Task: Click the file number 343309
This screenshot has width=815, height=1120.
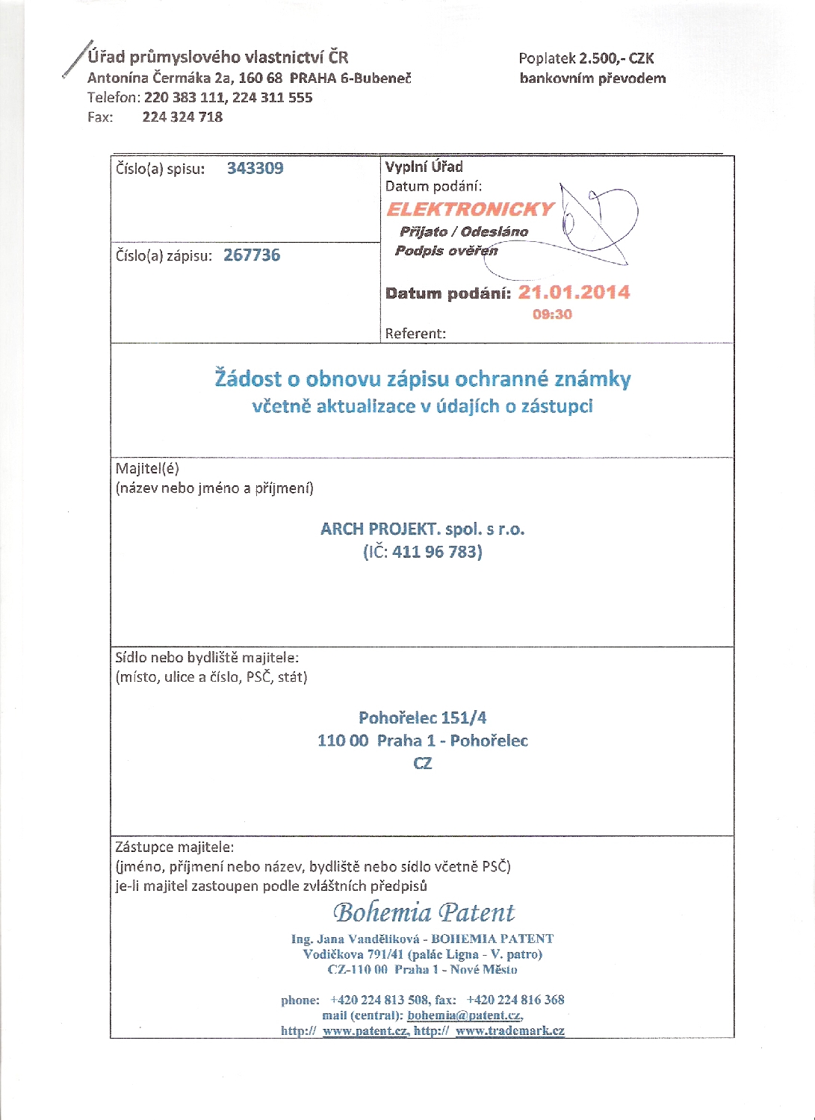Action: (x=255, y=168)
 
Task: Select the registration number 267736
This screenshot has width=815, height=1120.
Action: (x=252, y=255)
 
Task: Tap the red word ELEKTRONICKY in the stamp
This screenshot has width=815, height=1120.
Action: (x=471, y=209)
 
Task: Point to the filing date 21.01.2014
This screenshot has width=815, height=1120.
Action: (x=574, y=292)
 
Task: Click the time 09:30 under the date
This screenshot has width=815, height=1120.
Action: (x=552, y=314)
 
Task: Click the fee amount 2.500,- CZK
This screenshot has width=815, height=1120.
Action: (x=616, y=58)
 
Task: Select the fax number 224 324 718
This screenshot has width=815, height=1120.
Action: (x=182, y=116)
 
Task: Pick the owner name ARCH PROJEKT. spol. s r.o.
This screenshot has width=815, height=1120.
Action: (x=422, y=529)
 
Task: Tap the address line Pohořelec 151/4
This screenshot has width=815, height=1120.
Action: (x=422, y=718)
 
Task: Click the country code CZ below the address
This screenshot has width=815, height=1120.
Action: (x=422, y=763)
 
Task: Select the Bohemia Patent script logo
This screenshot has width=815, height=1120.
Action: (x=424, y=912)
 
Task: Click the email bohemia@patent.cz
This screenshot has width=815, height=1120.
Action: (x=464, y=1015)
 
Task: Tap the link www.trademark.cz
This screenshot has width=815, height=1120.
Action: (x=509, y=1030)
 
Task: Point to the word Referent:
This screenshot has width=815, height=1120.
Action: (x=415, y=334)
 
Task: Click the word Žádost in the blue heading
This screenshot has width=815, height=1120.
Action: (x=248, y=379)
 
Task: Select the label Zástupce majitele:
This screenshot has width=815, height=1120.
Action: (x=174, y=847)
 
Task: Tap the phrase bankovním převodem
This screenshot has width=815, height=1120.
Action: (x=592, y=78)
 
